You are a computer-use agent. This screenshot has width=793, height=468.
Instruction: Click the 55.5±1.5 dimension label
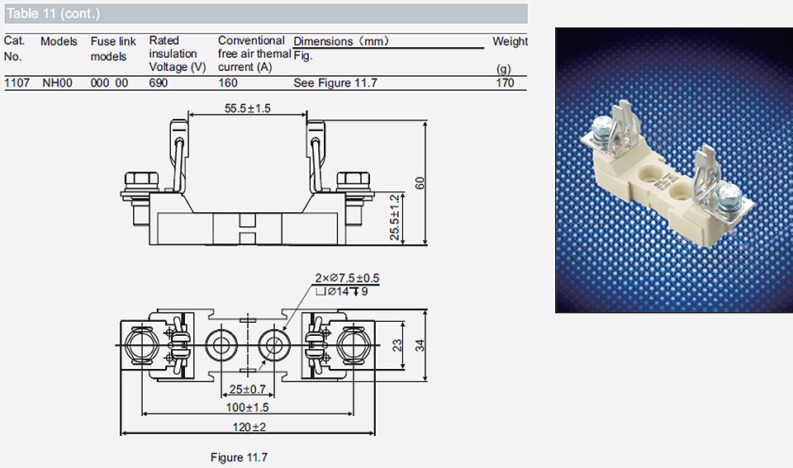[247, 108]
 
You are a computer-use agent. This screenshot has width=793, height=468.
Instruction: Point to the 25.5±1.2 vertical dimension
[395, 217]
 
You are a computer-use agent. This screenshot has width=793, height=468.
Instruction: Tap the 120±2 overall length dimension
[249, 427]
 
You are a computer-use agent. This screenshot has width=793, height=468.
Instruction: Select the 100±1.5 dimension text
[247, 408]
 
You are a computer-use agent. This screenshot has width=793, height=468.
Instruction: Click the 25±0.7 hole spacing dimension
[247, 389]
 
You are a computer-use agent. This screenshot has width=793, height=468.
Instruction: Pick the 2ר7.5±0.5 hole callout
[347, 278]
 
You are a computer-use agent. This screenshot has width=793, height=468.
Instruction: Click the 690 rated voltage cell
[159, 83]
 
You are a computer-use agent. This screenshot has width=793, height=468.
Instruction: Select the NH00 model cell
[57, 83]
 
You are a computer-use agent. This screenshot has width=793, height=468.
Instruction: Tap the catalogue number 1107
[17, 83]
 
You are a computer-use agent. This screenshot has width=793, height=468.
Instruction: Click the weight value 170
[505, 83]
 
